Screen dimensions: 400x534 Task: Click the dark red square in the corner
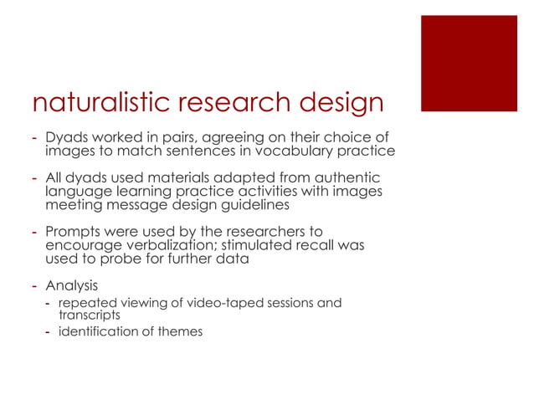469,63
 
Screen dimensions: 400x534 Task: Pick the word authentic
350,178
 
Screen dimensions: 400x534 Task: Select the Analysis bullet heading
71,285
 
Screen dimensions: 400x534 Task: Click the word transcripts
88,315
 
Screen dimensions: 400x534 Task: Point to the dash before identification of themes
49,332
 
